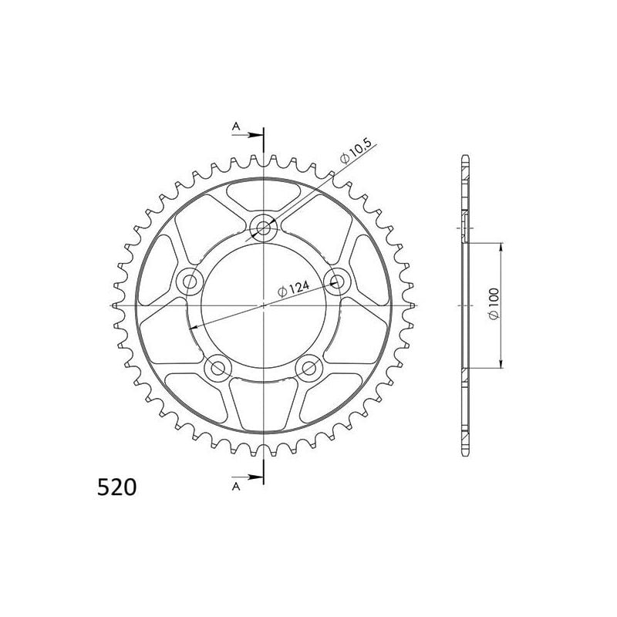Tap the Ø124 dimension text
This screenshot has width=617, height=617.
pyautogui.click(x=293, y=289)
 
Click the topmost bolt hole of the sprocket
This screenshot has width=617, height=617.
pyautogui.click(x=265, y=227)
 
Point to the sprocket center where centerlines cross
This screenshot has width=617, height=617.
pyautogui.click(x=264, y=305)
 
